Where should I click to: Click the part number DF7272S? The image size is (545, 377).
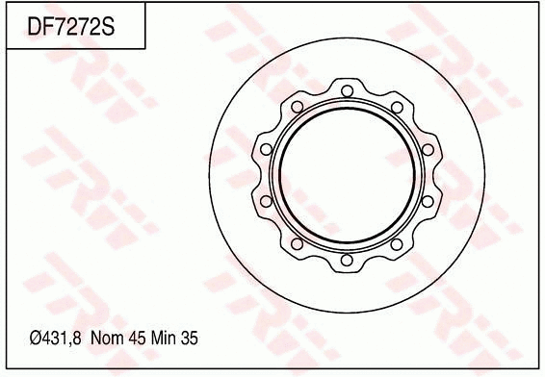coord(71,28)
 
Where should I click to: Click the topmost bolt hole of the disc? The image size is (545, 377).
coord(346,89)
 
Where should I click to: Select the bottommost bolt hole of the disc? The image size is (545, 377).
coord(346,261)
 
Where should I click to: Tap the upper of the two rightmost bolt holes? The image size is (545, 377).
coord(427,149)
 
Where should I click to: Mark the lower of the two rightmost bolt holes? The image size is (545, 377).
coord(427,201)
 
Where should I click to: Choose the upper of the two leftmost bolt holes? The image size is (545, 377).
coord(265,149)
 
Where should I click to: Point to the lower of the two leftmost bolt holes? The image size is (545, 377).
coord(265,201)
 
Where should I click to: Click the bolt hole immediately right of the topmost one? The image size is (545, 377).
coord(396,106)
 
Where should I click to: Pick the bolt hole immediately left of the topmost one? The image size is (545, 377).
coord(296,106)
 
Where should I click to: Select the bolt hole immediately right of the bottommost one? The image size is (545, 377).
coord(396,244)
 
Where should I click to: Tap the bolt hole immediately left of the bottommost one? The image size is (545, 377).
coord(296,244)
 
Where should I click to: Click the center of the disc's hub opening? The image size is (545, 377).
coord(346,175)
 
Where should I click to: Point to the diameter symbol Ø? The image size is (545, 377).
coord(34,339)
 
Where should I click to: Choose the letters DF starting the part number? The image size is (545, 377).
coord(39,28)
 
